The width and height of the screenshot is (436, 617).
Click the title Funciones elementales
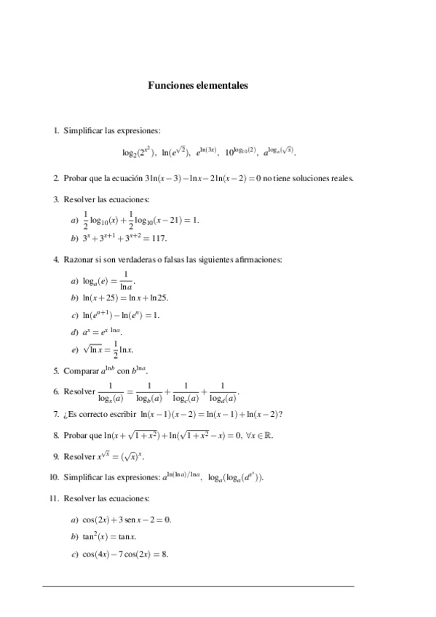(198, 85)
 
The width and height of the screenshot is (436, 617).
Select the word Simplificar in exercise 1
(83, 131)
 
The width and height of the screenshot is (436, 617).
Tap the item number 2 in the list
(56, 178)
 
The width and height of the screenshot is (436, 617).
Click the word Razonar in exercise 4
(79, 259)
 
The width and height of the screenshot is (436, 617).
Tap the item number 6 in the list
(56, 391)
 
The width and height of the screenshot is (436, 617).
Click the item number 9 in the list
(56, 457)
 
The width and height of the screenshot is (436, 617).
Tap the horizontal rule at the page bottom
(198, 586)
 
